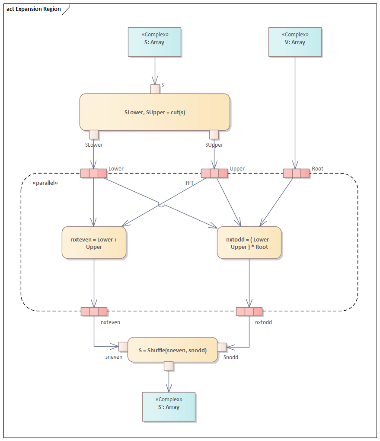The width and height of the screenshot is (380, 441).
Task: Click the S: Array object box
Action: pyautogui.click(x=154, y=42)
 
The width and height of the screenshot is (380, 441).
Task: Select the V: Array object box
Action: pyautogui.click(x=295, y=42)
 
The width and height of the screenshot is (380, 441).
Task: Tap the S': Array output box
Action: pyautogui.click(x=169, y=406)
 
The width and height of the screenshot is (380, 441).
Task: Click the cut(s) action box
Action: pyautogui.click(x=154, y=112)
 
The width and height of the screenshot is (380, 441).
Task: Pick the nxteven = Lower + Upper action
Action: pyautogui.click(x=94, y=243)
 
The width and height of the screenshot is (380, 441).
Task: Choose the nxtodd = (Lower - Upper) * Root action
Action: pyautogui.click(x=249, y=243)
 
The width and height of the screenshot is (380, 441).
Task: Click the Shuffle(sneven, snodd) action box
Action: pyautogui.click(x=172, y=350)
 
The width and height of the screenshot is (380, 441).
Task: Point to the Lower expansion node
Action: pyautogui.click(x=93, y=174)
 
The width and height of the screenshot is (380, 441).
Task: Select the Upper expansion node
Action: pyautogui.click(x=214, y=174)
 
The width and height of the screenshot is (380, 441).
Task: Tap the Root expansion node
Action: pyautogui.click(x=296, y=174)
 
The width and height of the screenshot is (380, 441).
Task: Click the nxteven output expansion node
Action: pyautogui.click(x=94, y=312)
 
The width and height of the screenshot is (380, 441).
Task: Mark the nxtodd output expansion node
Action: pyautogui.click(x=249, y=312)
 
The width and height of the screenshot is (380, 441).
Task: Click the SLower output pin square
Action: pyautogui.click(x=93, y=135)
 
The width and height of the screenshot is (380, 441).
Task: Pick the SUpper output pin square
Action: pyautogui.click(x=214, y=135)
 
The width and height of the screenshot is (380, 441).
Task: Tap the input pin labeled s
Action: pyautogui.click(x=155, y=89)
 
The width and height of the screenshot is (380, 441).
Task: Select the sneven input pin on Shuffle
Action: pyautogui.click(x=123, y=346)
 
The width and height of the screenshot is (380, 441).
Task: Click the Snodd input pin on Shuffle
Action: pyautogui.click(x=222, y=347)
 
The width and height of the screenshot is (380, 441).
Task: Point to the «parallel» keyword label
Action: pyautogui.click(x=45, y=183)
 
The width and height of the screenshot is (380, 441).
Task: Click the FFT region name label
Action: pyautogui.click(x=189, y=183)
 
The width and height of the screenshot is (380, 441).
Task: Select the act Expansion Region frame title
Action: pyautogui.click(x=34, y=9)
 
